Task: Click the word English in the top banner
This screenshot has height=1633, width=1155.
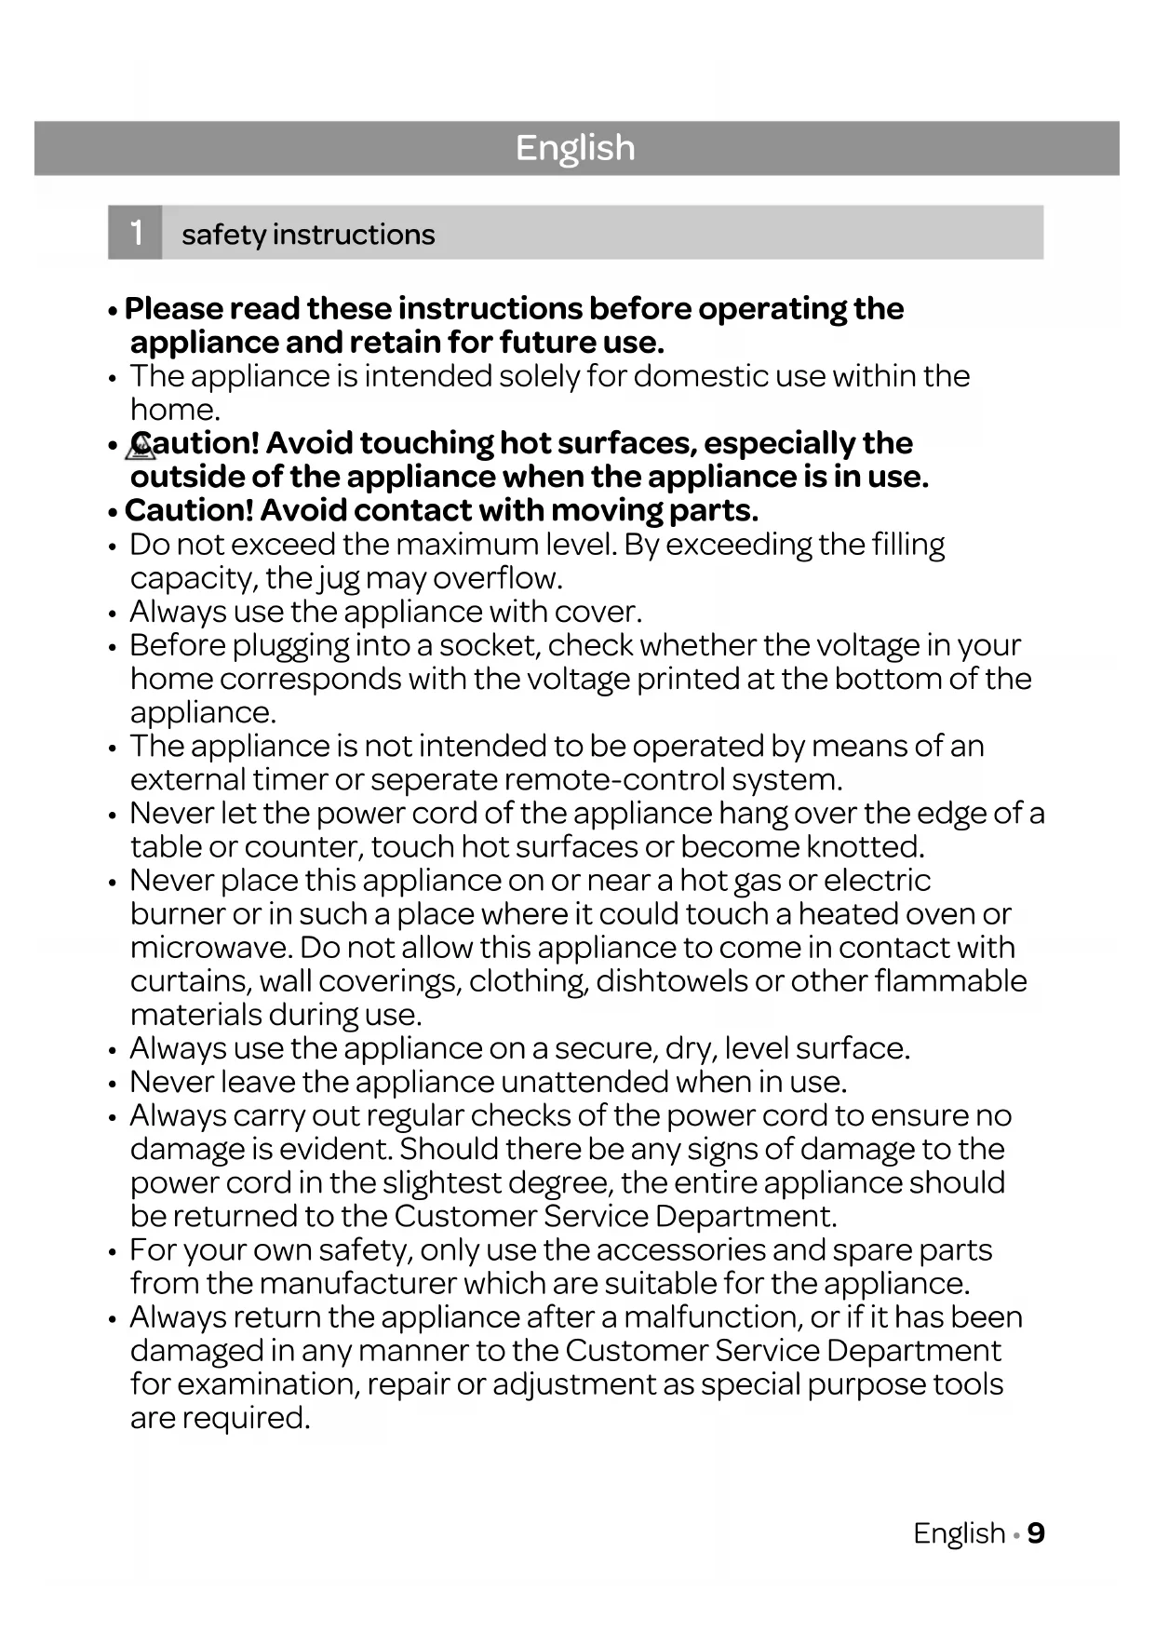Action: point(575,148)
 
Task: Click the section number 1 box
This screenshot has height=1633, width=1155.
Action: point(136,233)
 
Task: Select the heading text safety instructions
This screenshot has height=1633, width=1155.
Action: point(308,235)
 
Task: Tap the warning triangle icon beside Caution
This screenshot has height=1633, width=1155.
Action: point(141,448)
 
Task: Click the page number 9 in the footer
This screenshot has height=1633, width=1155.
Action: point(1036,1533)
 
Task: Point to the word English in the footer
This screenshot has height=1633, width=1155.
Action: point(959,1533)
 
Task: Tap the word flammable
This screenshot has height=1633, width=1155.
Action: point(950,981)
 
